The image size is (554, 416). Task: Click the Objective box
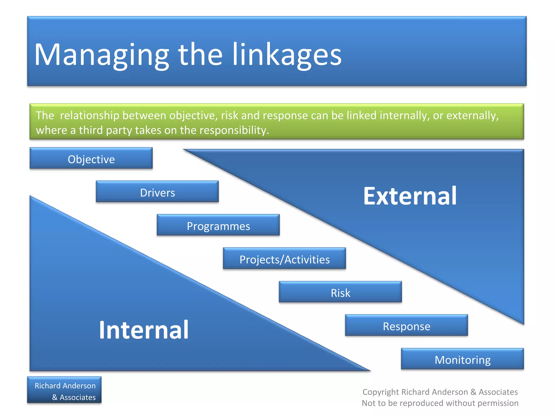[x=91, y=159]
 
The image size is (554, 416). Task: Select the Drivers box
[x=157, y=192]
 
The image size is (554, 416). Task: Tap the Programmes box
[x=218, y=226]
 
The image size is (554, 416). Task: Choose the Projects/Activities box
[x=284, y=259]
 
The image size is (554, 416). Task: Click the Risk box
[x=340, y=292]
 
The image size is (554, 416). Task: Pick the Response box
[x=406, y=326]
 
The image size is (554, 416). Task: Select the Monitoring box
[x=462, y=359]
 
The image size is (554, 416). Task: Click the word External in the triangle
[x=410, y=196]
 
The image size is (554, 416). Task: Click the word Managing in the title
[x=101, y=55]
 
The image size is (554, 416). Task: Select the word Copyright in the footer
[x=381, y=392]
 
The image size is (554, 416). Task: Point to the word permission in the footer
[x=498, y=403]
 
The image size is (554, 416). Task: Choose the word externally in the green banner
[x=472, y=116]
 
